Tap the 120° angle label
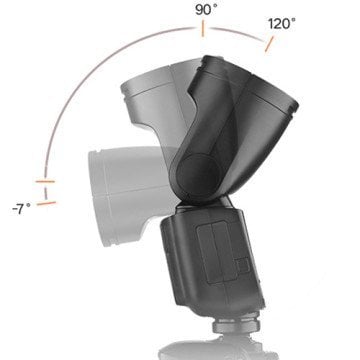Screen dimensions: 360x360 coord(281,22)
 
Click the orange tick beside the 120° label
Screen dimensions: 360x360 coord(266,42)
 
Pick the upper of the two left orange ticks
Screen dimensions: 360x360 coord(43,182)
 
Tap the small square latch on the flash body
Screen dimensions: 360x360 coord(239,264)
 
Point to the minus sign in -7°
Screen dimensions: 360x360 coord(14,208)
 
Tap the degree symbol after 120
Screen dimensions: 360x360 coord(294,18)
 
